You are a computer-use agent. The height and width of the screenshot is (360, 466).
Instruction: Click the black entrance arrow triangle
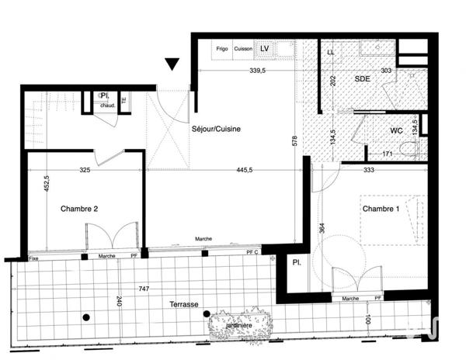tap(172, 64)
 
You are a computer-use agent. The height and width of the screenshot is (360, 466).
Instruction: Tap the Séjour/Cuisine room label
tap(215, 130)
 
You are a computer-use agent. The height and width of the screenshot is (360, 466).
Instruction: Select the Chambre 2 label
tap(80, 209)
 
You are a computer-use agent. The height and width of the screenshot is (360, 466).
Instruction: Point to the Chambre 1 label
tap(379, 209)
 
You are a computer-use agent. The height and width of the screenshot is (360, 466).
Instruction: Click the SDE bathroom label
tap(363, 79)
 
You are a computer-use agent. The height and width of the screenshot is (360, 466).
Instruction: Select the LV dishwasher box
tap(265, 48)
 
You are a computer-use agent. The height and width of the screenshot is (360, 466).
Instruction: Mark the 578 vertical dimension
tap(294, 140)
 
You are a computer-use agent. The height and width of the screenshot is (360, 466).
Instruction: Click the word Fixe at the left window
tap(33, 258)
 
